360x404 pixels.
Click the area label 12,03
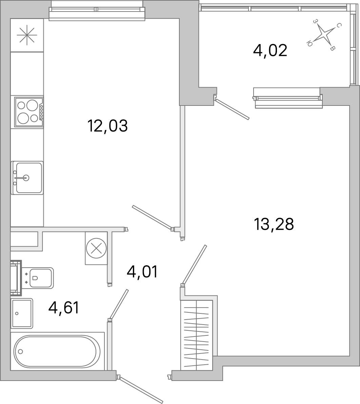[107, 126]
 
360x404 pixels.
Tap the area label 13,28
[273, 225]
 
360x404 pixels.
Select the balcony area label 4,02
[270, 51]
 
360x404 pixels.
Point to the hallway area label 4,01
[142, 272]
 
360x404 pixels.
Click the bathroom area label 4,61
[64, 308]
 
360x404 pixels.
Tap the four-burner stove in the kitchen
[28, 112]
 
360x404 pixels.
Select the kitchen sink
[27, 178]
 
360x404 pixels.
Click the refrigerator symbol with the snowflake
[27, 35]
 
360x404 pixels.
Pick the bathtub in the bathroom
[57, 351]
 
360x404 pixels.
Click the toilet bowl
[39, 278]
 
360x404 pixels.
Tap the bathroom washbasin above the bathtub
[22, 313]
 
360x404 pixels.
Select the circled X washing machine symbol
[96, 248]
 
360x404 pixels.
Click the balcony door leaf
[233, 109]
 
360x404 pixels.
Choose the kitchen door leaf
[152, 217]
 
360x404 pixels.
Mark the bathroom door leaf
[119, 304]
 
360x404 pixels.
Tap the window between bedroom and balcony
[288, 98]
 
